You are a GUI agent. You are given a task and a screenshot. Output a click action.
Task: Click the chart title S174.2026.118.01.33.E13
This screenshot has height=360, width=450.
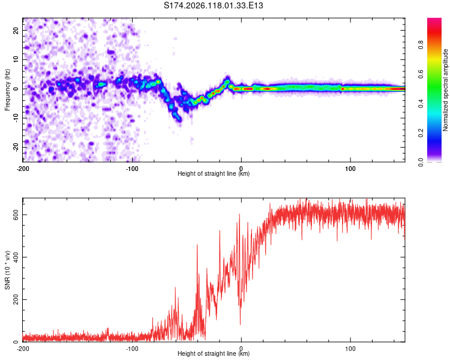213,5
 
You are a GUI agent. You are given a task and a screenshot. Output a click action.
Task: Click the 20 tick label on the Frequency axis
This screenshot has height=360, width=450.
16,31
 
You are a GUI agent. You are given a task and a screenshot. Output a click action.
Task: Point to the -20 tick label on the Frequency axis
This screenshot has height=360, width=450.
16,147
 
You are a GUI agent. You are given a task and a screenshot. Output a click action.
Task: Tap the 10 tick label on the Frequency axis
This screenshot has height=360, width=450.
16,60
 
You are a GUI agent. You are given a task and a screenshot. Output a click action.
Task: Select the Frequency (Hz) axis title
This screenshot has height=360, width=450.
7,90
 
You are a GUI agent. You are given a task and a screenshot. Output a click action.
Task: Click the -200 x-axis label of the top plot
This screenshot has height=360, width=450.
23,169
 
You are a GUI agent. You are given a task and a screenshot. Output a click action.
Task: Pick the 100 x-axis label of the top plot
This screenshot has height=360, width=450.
350,169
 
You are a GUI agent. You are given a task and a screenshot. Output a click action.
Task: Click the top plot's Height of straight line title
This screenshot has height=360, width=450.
214,173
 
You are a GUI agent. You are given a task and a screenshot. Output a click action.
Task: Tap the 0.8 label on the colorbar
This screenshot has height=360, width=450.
421,44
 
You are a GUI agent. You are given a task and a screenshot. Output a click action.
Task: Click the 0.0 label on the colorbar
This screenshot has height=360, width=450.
421,162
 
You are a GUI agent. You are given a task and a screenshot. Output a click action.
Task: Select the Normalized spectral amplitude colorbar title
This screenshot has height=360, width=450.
445,90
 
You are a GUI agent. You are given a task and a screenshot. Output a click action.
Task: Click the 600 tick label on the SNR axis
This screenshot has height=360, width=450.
16,215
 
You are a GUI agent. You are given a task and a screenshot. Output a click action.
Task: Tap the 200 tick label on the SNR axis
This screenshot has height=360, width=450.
16,299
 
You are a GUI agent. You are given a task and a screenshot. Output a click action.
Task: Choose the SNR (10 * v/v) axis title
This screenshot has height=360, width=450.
7,270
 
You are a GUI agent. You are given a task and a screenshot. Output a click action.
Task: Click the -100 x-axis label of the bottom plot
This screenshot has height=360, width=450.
132,349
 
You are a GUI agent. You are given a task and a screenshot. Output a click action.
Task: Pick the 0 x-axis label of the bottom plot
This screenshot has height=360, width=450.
241,349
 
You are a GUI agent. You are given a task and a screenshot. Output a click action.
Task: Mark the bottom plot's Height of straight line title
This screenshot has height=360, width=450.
214,353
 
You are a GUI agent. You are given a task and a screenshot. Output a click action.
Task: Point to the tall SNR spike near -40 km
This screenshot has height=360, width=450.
197,245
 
